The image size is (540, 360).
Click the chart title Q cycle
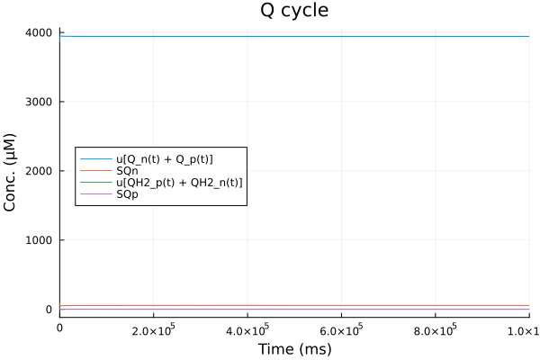[294, 12]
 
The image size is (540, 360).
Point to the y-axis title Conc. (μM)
[12, 171]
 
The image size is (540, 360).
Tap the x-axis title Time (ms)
[294, 348]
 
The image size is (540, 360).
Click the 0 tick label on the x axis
[60, 328]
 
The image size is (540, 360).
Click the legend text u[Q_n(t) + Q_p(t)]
[165, 159]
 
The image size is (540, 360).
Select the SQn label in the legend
[128, 171]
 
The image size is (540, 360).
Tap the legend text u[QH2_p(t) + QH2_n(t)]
[180, 183]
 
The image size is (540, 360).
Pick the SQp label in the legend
[128, 194]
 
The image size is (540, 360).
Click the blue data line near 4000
[294, 36]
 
